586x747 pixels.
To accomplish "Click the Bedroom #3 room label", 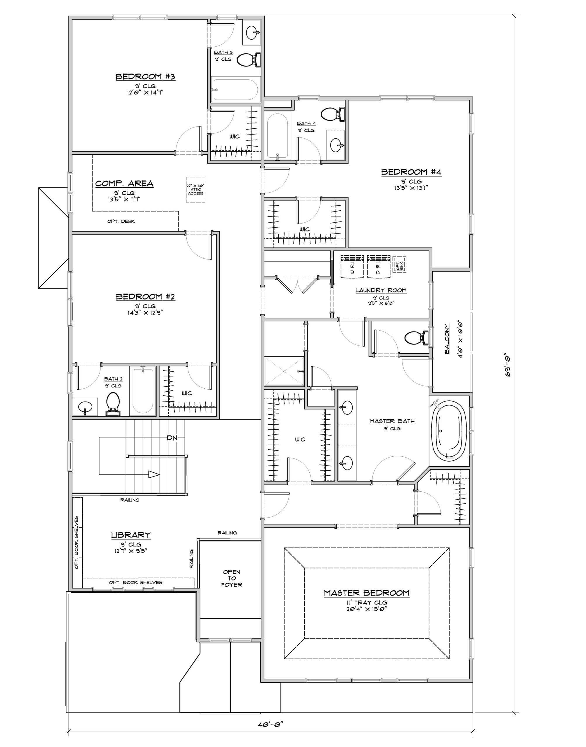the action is click(x=145, y=77).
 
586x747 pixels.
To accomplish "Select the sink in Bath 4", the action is click(x=337, y=145).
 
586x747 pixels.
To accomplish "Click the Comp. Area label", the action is click(x=124, y=184).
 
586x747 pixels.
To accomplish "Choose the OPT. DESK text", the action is click(x=121, y=221).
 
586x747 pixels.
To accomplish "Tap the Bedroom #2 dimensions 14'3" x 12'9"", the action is click(x=145, y=313).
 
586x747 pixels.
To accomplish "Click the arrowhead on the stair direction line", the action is click(x=154, y=474).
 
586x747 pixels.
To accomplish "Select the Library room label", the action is click(x=131, y=535).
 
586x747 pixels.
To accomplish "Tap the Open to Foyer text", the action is click(x=232, y=578).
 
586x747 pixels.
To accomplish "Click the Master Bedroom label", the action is click(x=367, y=593).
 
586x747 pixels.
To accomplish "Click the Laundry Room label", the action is click(x=381, y=290).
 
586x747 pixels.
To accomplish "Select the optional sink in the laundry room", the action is click(x=399, y=264).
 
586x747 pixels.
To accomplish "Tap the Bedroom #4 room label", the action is click(x=411, y=172).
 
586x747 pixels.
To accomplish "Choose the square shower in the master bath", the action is click(x=284, y=371).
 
